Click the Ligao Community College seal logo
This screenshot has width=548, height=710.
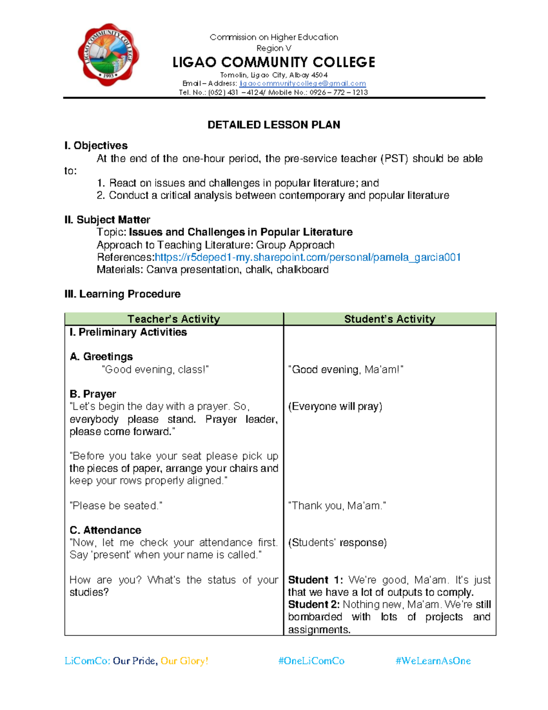tap(108, 54)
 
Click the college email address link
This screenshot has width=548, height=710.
tap(303, 84)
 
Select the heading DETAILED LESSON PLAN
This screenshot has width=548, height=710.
tap(274, 125)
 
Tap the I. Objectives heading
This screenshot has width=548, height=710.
tap(96, 146)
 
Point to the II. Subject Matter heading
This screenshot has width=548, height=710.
tap(107, 220)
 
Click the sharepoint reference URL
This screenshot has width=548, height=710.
tap(308, 257)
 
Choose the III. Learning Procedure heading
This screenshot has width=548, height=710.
tap(122, 294)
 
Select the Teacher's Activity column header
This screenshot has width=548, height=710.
tap(174, 319)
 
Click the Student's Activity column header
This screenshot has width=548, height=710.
tap(390, 319)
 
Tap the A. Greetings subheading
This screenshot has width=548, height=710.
tap(101, 357)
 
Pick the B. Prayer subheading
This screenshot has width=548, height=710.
tap(93, 394)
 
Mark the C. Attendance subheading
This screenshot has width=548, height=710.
tap(105, 530)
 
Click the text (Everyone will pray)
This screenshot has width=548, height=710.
tap(335, 406)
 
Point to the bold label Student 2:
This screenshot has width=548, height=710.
tap(314, 604)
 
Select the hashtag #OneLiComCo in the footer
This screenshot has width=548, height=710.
tap(311, 661)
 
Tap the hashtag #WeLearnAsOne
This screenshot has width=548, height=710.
tap(433, 661)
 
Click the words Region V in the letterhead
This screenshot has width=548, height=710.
tap(274, 48)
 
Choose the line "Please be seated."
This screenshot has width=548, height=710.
tap(116, 506)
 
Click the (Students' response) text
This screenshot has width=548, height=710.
tap(337, 543)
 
